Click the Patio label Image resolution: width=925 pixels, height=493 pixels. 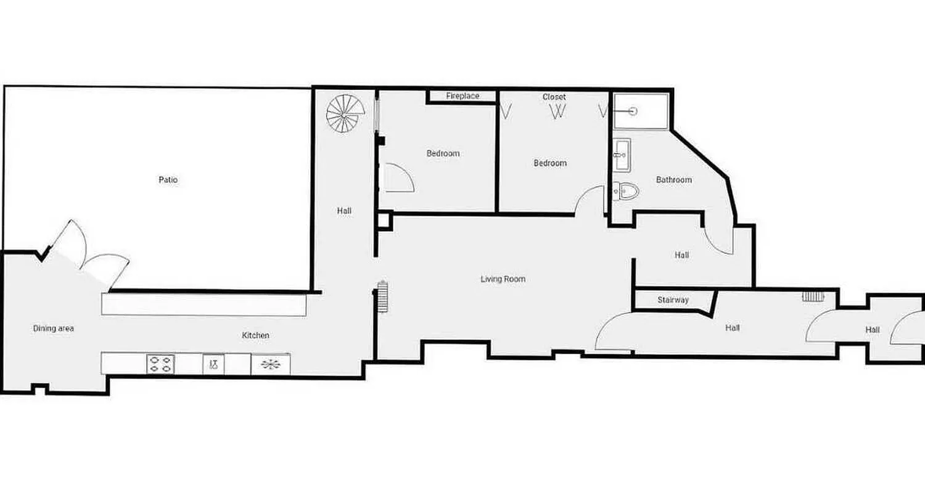(x=168, y=180)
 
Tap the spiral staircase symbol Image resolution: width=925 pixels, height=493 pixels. (x=345, y=113)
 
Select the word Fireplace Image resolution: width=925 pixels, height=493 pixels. (x=462, y=96)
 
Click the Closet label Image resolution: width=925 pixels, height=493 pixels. (x=554, y=97)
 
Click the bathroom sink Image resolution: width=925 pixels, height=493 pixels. (x=622, y=154)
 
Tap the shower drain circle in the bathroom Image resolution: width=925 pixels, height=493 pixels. (x=633, y=111)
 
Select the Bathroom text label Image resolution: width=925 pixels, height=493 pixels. (x=673, y=180)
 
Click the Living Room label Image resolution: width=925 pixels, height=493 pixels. (x=503, y=279)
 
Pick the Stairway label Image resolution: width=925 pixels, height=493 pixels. (x=673, y=300)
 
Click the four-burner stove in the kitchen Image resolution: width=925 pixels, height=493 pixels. (x=160, y=364)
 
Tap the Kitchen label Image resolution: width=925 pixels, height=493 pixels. (x=255, y=335)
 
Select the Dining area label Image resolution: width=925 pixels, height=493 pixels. (x=54, y=328)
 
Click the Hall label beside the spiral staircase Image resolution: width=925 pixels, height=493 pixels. (x=344, y=211)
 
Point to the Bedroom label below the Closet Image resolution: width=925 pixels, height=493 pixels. (x=549, y=163)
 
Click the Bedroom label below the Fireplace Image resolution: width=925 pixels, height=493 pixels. (x=443, y=153)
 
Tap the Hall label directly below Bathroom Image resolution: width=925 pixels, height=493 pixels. (x=681, y=255)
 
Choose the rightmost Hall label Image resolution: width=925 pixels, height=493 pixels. (x=872, y=330)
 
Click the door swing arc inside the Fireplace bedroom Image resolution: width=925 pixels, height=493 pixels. (x=398, y=178)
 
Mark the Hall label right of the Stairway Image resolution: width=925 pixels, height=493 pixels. (x=733, y=328)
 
